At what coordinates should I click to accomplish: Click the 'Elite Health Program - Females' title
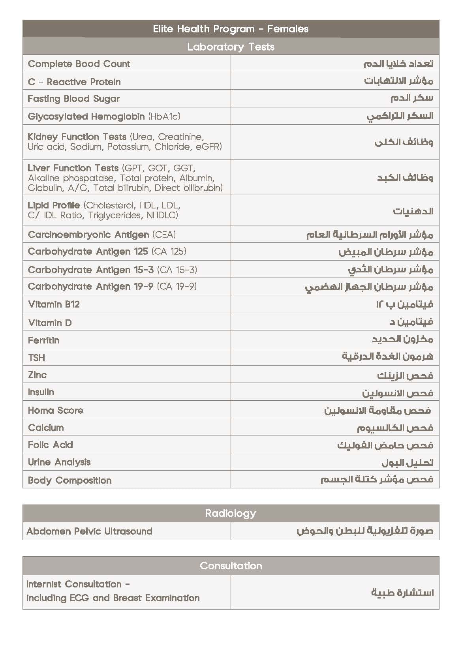pos(231,29)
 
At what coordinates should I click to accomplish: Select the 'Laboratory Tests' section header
pos(231,47)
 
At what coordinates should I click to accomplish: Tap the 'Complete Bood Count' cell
pos(79,64)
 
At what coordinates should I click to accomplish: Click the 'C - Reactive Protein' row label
pos(74,82)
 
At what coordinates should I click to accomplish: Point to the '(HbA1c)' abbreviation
pos(164,116)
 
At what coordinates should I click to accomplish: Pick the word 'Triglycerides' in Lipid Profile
pos(116,215)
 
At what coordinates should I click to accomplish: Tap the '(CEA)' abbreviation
pos(164,235)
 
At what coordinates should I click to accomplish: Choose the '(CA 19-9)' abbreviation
pos(177,287)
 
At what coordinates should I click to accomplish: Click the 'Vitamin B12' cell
pos(54,304)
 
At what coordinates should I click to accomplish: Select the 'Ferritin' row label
pos(44,340)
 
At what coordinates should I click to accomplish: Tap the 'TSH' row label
pos(37,358)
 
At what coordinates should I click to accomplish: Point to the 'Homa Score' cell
pos(56,410)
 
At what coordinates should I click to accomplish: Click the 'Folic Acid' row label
pos(51,445)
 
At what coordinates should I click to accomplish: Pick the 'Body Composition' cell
pos(70,480)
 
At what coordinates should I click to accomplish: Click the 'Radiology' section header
pos(231,513)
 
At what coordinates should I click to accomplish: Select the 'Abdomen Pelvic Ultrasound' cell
pos(90,531)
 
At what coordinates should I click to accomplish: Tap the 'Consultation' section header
pos(231,566)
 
